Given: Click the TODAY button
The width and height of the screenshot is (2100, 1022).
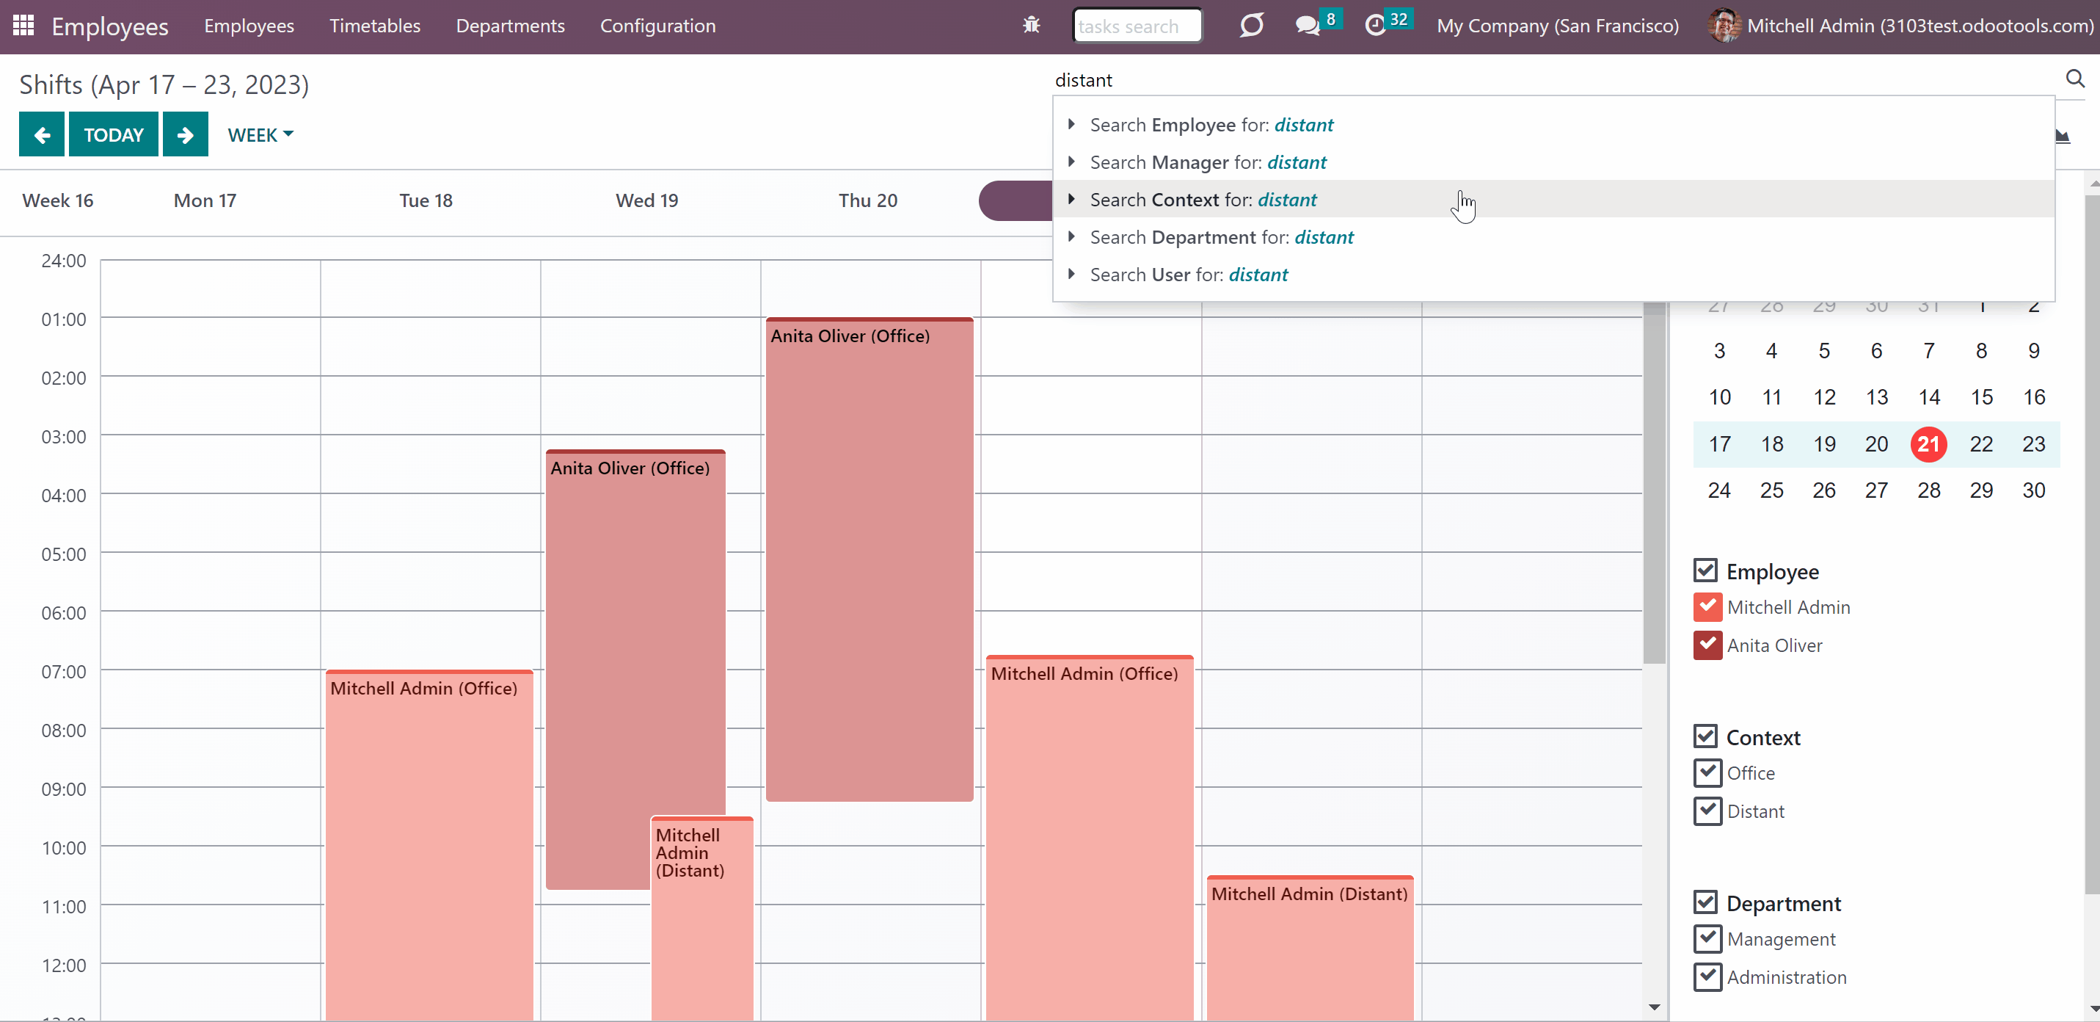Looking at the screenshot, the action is click(x=113, y=134).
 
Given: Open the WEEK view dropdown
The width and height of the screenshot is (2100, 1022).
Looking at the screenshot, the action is click(x=260, y=134).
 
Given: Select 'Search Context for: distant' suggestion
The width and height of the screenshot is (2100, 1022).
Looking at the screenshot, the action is click(x=1203, y=200).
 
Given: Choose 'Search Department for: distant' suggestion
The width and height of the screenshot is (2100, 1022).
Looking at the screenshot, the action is click(x=1221, y=237).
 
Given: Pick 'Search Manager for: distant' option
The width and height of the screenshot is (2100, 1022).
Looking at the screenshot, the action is click(x=1208, y=162).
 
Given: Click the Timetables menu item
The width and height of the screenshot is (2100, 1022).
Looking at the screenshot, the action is click(x=375, y=26).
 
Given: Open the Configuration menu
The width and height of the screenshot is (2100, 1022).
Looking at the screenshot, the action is click(x=658, y=26).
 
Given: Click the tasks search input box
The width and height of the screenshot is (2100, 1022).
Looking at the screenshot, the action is click(x=1137, y=26).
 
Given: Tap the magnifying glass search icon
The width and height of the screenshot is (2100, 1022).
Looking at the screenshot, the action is click(x=2075, y=79).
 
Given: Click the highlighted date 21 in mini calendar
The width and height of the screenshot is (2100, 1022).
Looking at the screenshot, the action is click(x=1928, y=443).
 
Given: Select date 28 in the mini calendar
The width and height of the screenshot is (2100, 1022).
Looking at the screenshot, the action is click(x=1928, y=490).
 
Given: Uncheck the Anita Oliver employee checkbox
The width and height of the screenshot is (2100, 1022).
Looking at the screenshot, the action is click(x=1707, y=645).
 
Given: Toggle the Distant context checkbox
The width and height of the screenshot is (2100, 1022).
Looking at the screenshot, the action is click(x=1707, y=811).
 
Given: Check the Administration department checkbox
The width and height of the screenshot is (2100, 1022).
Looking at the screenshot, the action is click(x=1707, y=976).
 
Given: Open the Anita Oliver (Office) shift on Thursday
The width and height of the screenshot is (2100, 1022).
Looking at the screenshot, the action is click(x=869, y=559).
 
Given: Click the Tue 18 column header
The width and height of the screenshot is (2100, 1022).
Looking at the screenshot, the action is click(x=426, y=200).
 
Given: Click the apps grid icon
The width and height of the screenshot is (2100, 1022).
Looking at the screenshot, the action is click(x=23, y=25).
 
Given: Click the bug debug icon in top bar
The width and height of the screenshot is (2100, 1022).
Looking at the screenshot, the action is click(x=1031, y=25).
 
